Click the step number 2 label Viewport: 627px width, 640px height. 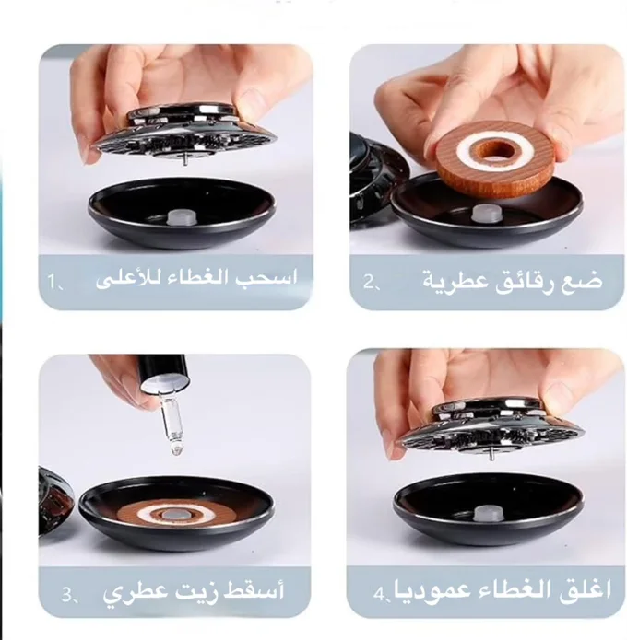372,282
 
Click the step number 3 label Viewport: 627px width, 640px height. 69,596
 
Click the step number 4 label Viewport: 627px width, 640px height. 382,594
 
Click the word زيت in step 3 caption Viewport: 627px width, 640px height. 192,591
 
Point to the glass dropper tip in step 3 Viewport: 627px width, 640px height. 176,449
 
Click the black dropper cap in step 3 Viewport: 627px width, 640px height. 163,368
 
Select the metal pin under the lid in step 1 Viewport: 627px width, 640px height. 184,160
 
